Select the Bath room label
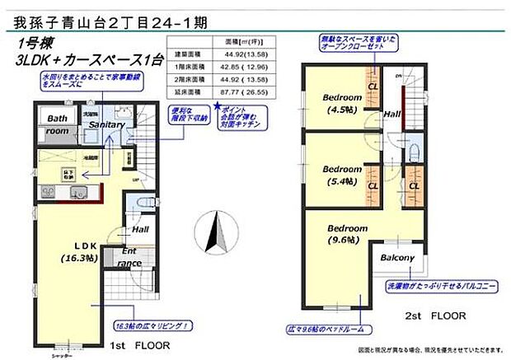coord(56,124)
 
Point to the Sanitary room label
coord(108,124)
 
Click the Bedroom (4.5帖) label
coord(338,101)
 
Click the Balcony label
coord(396,258)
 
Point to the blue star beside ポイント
coord(217,106)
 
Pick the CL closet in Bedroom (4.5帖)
coord(372,86)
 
